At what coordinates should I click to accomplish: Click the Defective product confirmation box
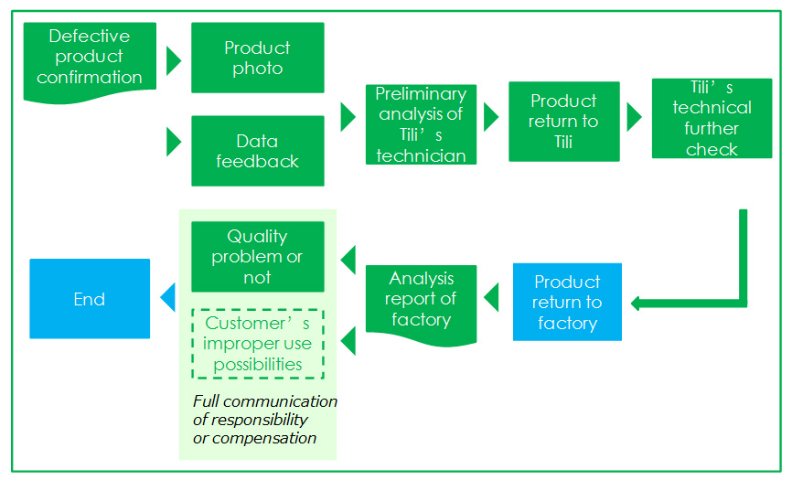tap(90, 61)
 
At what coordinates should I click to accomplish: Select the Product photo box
tap(258, 58)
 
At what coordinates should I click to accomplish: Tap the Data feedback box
tap(258, 151)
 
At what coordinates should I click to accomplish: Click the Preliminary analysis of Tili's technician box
tap(421, 124)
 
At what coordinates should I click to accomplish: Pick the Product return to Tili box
tap(563, 121)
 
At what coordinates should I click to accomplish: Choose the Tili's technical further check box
tap(712, 118)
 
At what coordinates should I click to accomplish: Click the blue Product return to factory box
tap(567, 302)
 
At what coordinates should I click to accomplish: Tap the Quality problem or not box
tap(258, 256)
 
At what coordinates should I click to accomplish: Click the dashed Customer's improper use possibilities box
tap(258, 344)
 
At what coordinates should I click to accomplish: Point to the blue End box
tap(90, 298)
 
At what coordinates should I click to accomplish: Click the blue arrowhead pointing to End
tap(167, 297)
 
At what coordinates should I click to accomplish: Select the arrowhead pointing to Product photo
tap(173, 61)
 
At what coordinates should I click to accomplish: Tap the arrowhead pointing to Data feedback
tap(173, 142)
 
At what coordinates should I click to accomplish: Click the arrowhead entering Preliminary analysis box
tap(348, 117)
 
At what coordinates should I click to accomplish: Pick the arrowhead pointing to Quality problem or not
tap(348, 260)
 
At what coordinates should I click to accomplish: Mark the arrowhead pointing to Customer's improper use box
tap(348, 341)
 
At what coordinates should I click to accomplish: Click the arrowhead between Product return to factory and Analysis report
tap(491, 297)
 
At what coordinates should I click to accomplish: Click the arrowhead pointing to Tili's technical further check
tap(635, 117)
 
